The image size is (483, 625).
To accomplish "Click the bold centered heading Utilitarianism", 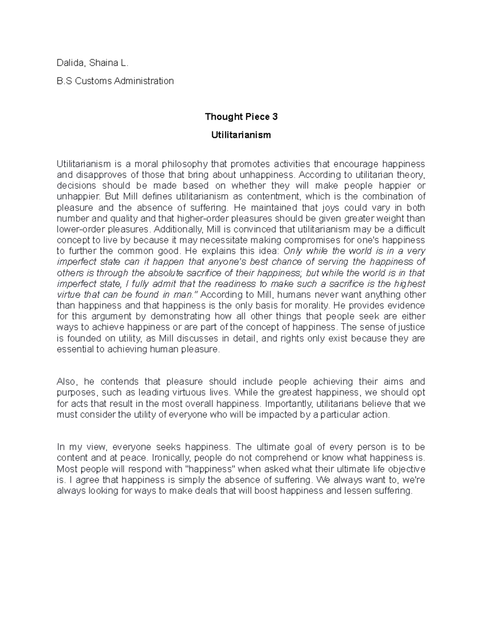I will click(x=241, y=135).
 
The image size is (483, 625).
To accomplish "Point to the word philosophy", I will click(x=185, y=164).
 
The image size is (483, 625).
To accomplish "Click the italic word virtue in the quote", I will click(x=69, y=295).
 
